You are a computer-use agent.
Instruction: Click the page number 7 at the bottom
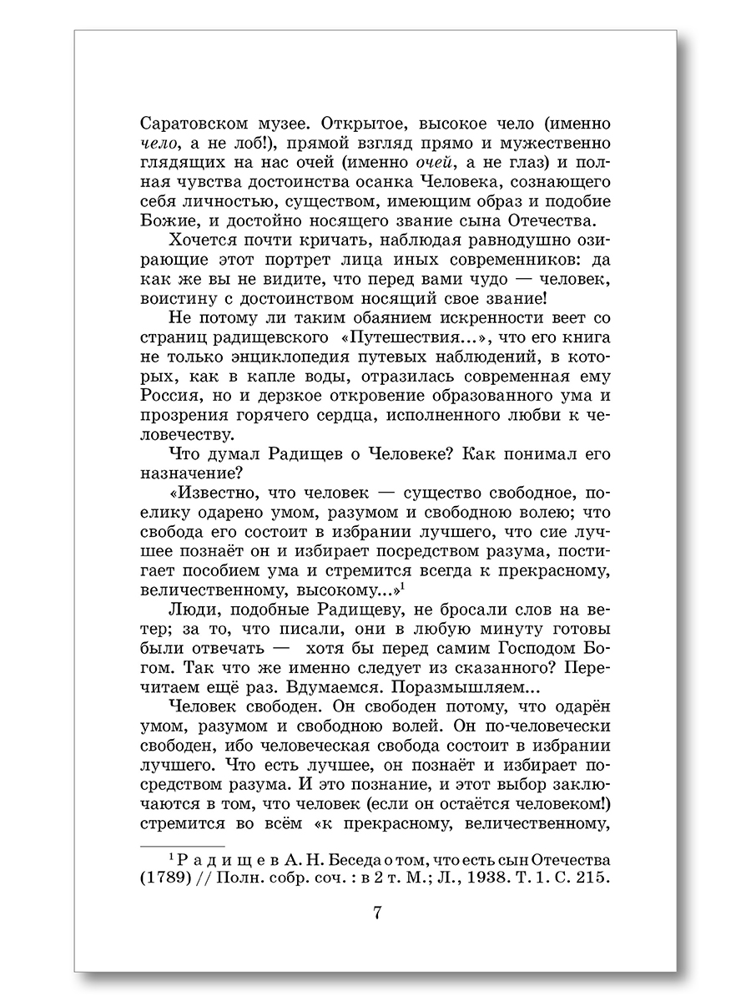[x=377, y=913]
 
